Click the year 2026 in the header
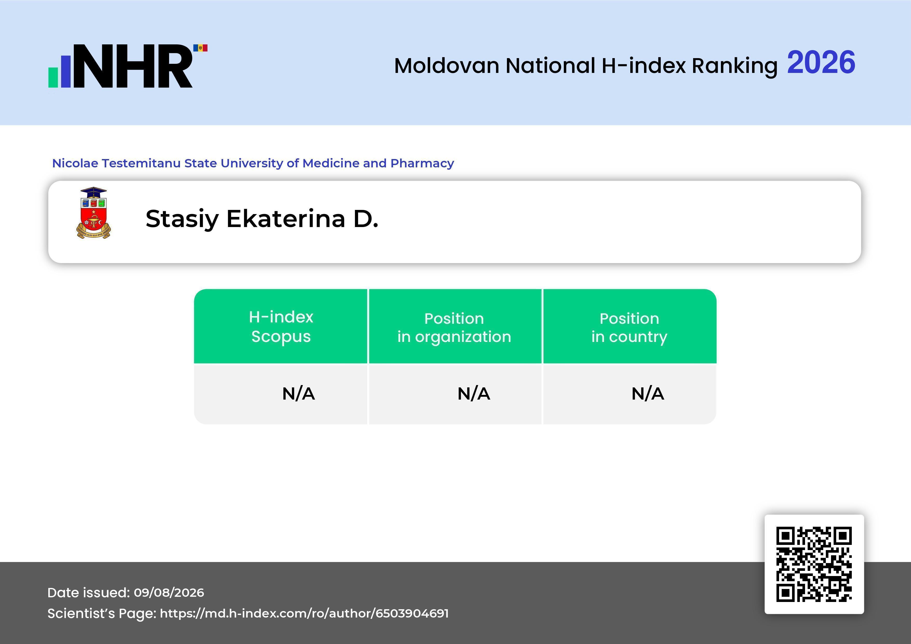[821, 63]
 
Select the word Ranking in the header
[734, 66]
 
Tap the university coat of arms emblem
[94, 213]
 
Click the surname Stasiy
[182, 219]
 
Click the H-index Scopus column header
[281, 326]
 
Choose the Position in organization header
[454, 327]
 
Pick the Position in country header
[629, 327]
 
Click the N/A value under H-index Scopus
[298, 394]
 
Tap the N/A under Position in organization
[474, 394]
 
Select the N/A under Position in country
[647, 394]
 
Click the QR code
[814, 564]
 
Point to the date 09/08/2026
[169, 592]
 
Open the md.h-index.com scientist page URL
[304, 613]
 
